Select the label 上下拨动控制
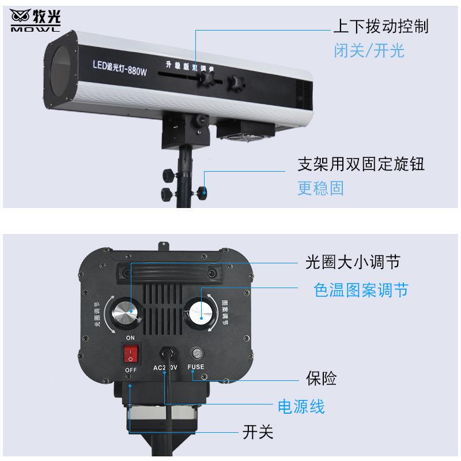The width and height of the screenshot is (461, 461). pyautogui.click(x=380, y=27)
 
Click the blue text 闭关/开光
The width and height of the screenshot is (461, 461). pyautogui.click(x=369, y=51)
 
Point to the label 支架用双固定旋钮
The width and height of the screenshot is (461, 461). pyautogui.click(x=361, y=164)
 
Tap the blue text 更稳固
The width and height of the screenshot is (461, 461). pyautogui.click(x=320, y=188)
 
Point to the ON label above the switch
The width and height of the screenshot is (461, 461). pyautogui.click(x=130, y=338)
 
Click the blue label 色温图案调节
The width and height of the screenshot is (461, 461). pyautogui.click(x=361, y=290)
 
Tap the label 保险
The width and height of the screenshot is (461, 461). pyautogui.click(x=320, y=379)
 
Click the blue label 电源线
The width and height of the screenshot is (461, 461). pyautogui.click(x=301, y=407)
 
